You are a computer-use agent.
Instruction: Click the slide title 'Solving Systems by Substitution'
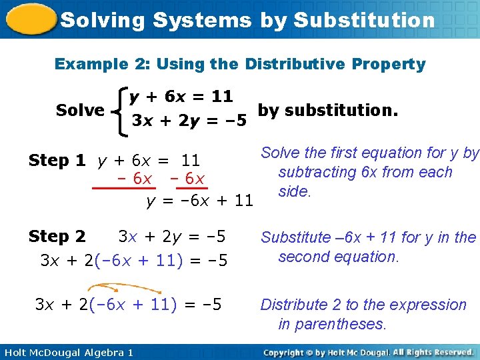coord(247,20)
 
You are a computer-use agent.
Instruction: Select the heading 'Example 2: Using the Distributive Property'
coord(240,64)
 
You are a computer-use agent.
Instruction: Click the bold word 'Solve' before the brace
coord(80,110)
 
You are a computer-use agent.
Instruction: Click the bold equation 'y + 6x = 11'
coord(181,97)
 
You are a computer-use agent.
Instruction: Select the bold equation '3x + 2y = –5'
coord(189,121)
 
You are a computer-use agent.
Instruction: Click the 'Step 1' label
coord(57,161)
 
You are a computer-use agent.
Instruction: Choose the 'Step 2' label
coord(57,237)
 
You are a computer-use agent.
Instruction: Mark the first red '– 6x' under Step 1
coord(133,179)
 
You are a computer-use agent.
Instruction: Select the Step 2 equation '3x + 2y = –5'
coord(172,237)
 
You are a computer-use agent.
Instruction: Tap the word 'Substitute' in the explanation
coord(295,237)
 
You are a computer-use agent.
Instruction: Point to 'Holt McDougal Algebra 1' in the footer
coord(67,352)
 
